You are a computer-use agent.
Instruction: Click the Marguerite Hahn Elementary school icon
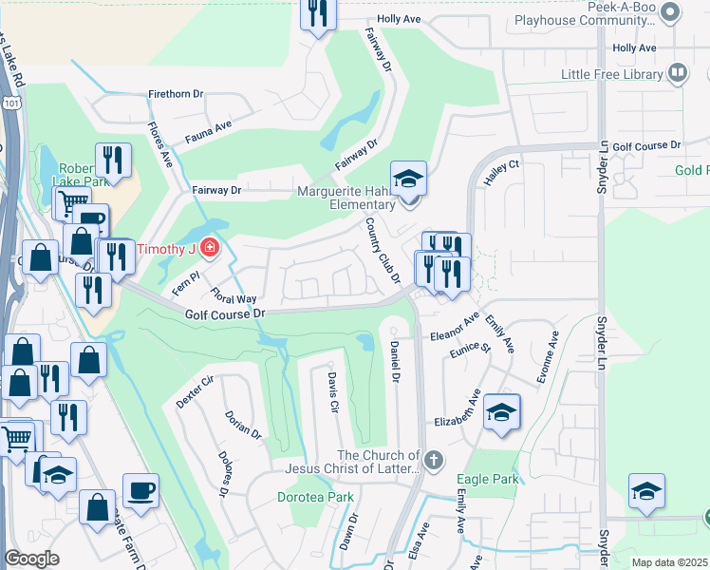coord(408,179)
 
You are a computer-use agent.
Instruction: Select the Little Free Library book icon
coord(678,73)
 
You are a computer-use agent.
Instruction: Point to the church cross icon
coord(434,462)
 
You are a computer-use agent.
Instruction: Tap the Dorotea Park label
coord(315,497)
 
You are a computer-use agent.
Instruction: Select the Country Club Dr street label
coord(384,249)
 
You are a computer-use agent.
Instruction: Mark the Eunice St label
coord(471,360)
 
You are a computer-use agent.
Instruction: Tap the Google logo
coord(31,559)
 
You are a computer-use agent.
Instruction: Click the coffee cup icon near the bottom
coord(141,490)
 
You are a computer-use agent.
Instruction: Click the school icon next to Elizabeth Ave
coord(502,411)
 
